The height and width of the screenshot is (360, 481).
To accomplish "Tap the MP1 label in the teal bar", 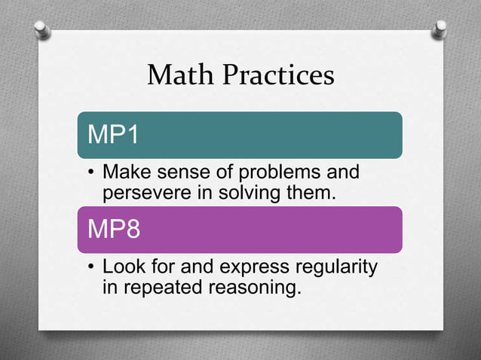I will pos(114,135).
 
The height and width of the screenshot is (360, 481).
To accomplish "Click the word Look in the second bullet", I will pos(124,267).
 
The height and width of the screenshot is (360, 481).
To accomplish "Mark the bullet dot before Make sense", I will pos(90,174).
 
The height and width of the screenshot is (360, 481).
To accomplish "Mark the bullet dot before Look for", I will pos(90,268).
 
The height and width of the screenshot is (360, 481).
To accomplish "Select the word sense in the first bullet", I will pos(178,173).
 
